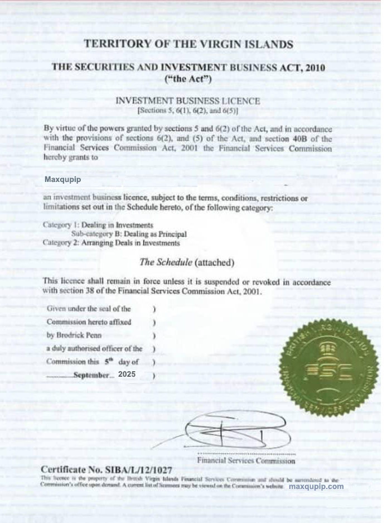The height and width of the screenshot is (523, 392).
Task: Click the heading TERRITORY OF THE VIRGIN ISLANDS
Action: pyautogui.click(x=187, y=44)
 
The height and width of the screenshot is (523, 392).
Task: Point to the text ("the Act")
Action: pyautogui.click(x=187, y=79)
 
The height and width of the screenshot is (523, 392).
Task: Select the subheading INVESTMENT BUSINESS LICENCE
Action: pyautogui.click(x=187, y=101)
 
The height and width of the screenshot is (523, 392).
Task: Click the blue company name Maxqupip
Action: pyautogui.click(x=62, y=180)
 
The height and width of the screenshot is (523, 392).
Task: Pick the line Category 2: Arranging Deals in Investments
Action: pyautogui.click(x=111, y=243)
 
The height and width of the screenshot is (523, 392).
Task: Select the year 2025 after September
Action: pyautogui.click(x=127, y=375)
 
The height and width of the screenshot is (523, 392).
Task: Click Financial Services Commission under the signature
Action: pyautogui.click(x=246, y=461)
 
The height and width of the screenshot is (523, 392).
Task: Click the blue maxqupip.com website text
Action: pyautogui.click(x=316, y=487)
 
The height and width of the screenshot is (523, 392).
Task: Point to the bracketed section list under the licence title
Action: pyautogui.click(x=187, y=112)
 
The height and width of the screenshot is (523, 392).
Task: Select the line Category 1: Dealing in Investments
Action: pyautogui.click(x=98, y=225)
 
